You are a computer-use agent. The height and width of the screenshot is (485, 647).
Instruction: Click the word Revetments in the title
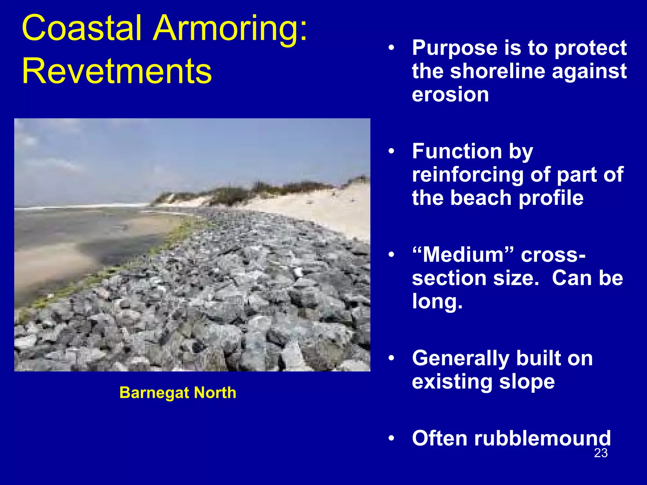tap(117, 71)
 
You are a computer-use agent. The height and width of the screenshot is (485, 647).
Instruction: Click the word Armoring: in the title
tap(230, 28)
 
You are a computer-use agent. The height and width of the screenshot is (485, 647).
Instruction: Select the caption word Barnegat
tap(154, 393)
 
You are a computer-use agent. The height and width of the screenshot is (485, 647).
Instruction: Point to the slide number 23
tap(601, 453)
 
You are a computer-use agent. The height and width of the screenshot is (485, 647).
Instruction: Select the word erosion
tap(450, 94)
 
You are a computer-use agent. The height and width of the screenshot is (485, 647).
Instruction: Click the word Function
tap(457, 151)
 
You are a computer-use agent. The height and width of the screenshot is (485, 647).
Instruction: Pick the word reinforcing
tap(468, 175)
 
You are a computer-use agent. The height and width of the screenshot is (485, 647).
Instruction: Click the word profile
tap(551, 198)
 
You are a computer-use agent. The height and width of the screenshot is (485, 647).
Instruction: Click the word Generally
tap(461, 358)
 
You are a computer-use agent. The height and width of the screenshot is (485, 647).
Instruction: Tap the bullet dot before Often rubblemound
tap(391, 438)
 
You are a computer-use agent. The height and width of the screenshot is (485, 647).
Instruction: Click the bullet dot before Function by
tap(391, 151)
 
